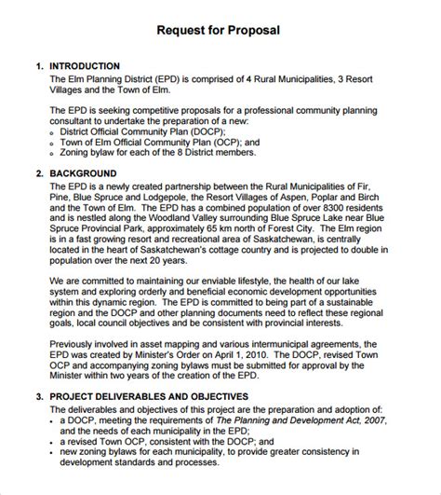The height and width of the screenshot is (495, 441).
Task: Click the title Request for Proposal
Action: (x=220, y=31)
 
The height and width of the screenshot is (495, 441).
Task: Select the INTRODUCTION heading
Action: (x=85, y=66)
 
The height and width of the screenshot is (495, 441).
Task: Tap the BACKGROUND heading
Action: (x=84, y=173)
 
